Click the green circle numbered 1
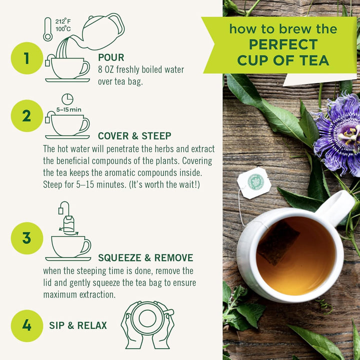[26, 58]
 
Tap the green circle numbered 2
[26, 116]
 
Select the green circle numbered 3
[26, 238]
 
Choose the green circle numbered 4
[26, 325]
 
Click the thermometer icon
[47, 29]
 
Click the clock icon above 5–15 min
[67, 99]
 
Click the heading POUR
[111, 57]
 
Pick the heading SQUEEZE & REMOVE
[145, 258]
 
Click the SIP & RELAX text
[78, 325]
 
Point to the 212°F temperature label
[63, 21]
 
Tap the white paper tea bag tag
[254, 183]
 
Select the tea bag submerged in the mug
[278, 242]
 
